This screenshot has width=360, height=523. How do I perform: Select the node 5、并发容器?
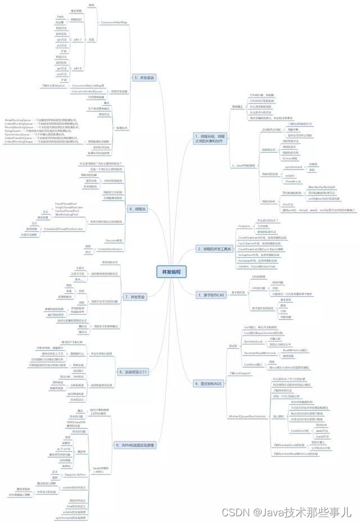pos(143,77)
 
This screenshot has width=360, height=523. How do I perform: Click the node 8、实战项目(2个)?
pos(133,372)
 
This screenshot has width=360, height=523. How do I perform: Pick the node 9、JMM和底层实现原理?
pos(135,444)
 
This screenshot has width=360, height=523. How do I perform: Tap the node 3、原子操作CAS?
pos(211,294)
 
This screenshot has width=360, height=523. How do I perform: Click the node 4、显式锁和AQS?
pos(209,383)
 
